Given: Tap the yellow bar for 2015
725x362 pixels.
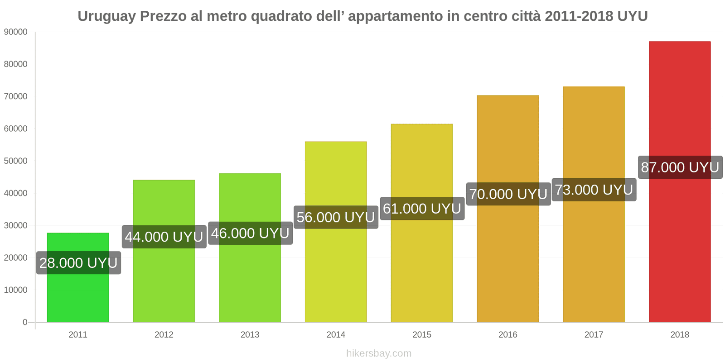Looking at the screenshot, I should [421, 271].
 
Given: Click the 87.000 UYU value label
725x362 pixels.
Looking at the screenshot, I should [680, 167].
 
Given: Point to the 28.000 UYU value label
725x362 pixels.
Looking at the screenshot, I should [78, 263].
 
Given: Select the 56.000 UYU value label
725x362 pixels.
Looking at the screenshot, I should [336, 217].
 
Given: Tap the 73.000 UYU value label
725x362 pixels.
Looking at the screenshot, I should [594, 190].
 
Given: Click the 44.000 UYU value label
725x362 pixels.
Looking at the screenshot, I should [164, 237].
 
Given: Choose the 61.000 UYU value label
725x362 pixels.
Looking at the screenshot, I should [422, 209].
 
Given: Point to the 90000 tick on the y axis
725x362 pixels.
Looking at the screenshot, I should [15, 32].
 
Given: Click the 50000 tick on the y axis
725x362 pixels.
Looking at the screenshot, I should [15, 161].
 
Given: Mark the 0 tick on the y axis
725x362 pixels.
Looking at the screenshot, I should [25, 322].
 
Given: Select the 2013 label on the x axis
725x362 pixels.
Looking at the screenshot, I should [250, 335].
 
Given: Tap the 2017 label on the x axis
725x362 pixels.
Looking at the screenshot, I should [594, 335].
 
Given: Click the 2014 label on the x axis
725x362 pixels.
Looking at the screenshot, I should [336, 335].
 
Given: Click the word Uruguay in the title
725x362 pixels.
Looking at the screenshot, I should [106, 16].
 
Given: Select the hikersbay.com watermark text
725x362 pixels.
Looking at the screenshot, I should [379, 353].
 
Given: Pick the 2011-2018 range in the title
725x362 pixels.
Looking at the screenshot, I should [579, 16].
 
